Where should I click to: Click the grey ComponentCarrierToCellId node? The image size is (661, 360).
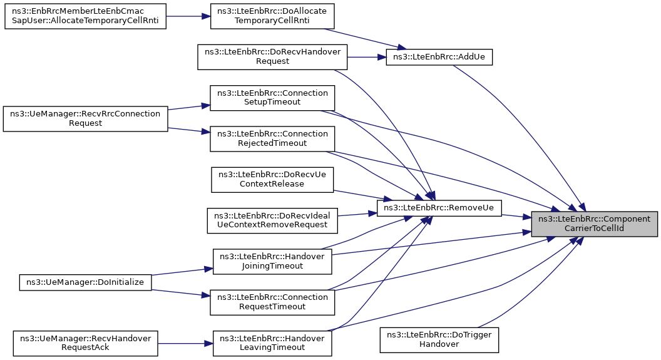click(594, 224)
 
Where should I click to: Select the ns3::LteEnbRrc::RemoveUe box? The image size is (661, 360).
click(439, 208)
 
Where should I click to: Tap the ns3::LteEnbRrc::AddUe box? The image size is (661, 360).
click(439, 57)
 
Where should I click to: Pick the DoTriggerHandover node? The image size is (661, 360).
click(439, 340)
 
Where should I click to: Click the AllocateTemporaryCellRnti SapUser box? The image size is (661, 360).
click(85, 16)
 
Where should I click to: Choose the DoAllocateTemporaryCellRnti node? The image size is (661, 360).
click(272, 16)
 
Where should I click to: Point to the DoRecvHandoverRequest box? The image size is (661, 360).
click(272, 57)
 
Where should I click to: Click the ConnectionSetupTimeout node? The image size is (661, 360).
click(272, 98)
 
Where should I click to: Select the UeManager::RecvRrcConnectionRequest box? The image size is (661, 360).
click(85, 118)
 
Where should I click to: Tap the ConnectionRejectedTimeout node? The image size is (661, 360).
click(272, 139)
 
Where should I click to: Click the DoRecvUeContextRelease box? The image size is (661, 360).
click(272, 180)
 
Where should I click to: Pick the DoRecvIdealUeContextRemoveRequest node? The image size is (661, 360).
click(272, 220)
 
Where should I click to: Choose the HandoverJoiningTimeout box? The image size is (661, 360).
click(272, 261)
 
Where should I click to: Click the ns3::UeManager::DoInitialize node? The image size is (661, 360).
click(85, 282)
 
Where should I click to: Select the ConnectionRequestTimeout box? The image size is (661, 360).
click(272, 302)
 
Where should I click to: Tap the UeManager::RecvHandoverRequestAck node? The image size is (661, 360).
click(85, 343)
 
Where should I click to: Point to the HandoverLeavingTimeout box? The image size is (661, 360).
click(272, 343)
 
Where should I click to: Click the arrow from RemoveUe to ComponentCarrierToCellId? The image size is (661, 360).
click(516, 216)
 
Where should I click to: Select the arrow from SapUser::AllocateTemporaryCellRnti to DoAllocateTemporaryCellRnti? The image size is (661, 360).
click(188, 16)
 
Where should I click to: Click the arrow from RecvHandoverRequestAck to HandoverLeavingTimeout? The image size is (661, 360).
click(185, 344)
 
